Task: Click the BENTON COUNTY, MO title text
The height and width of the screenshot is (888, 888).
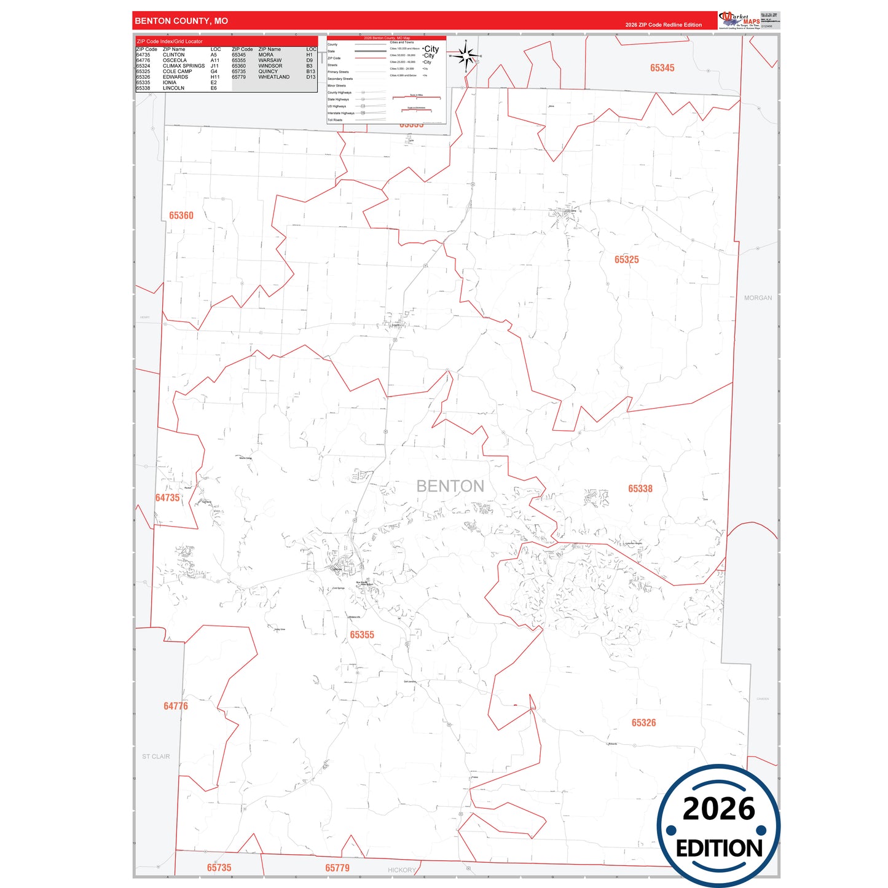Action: tap(181, 21)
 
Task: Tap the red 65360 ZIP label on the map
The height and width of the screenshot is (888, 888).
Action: tap(181, 216)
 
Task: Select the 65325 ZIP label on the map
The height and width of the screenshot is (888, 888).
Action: tap(626, 260)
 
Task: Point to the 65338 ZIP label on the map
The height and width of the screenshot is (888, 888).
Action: tap(640, 489)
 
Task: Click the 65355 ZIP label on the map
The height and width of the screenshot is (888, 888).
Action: tap(362, 635)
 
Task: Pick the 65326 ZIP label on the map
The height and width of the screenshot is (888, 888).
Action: tap(643, 723)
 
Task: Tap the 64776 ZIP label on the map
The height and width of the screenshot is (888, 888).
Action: tap(176, 706)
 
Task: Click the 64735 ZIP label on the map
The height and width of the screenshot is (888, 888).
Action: tap(167, 498)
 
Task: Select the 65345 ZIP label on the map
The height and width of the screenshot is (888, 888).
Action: tap(662, 68)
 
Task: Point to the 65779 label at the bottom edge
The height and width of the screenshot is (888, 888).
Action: tap(337, 868)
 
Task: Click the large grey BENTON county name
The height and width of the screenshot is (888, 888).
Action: tap(450, 486)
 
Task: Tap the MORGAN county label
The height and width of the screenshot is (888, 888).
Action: tap(758, 298)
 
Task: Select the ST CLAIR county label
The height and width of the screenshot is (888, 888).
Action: tap(156, 756)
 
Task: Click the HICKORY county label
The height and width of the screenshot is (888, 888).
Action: tap(402, 870)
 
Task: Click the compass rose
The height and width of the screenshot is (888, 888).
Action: tap(466, 57)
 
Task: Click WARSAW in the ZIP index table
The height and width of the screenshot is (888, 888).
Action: tap(270, 60)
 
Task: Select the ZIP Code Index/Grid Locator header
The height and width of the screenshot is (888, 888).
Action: tap(170, 41)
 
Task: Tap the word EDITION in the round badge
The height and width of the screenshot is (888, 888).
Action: tap(719, 848)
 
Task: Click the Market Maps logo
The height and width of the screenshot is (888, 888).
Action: tap(739, 20)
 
